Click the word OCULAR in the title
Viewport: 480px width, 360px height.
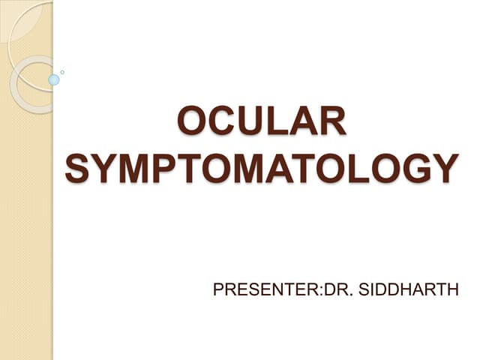(x=262, y=120)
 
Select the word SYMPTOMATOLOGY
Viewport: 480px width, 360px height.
(x=262, y=168)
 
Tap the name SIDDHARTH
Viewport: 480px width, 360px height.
(x=408, y=289)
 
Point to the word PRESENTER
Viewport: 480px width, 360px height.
(x=265, y=289)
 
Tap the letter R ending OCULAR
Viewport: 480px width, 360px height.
(x=334, y=120)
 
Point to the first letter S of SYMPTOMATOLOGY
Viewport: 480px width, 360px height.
(x=78, y=168)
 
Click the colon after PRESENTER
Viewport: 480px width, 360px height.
(x=321, y=292)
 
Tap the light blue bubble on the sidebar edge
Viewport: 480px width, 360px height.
(x=54, y=80)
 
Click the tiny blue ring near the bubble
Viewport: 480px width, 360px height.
(x=62, y=72)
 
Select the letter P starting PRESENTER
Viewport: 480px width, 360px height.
(x=218, y=289)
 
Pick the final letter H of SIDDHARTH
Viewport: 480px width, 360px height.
(x=453, y=289)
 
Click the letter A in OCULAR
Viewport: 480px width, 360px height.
(x=305, y=120)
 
